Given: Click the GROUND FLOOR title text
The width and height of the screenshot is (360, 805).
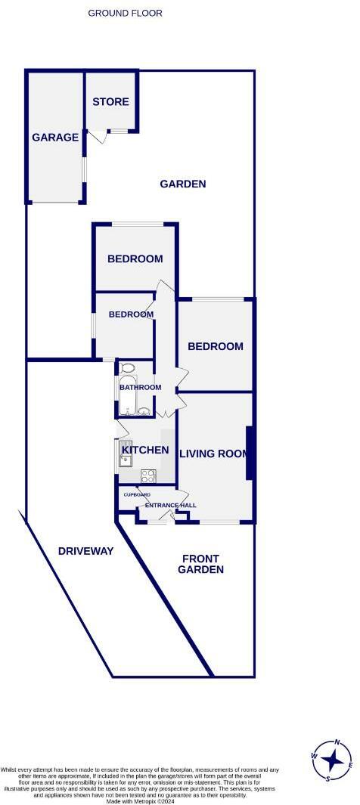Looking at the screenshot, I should [125, 13].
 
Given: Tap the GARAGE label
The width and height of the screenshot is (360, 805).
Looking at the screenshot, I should [55, 138].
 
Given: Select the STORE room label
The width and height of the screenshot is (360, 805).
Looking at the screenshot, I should [110, 102].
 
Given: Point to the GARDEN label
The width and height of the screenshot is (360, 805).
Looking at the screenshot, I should [183, 184].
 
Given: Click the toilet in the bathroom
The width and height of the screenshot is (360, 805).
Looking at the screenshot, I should [128, 369].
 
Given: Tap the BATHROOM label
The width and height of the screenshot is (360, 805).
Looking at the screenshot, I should [140, 388].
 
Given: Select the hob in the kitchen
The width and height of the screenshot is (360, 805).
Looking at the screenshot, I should [147, 476].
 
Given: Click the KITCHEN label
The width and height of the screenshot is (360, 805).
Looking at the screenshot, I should [145, 450].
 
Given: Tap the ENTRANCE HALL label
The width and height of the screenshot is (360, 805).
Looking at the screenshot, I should [171, 505].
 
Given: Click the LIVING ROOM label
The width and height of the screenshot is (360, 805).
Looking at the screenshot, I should [214, 454].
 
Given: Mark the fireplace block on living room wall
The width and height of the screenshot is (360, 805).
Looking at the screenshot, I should [249, 453].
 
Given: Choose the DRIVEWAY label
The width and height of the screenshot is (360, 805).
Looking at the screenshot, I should [85, 551].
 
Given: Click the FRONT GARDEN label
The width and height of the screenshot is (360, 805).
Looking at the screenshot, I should [201, 564].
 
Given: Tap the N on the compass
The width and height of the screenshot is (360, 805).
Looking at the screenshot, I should [337, 742].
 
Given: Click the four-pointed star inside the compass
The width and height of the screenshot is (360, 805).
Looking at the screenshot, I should [331, 758].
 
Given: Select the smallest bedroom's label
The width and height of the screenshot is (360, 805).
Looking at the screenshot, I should [131, 314].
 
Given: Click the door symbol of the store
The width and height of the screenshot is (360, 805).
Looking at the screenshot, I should [97, 137].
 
